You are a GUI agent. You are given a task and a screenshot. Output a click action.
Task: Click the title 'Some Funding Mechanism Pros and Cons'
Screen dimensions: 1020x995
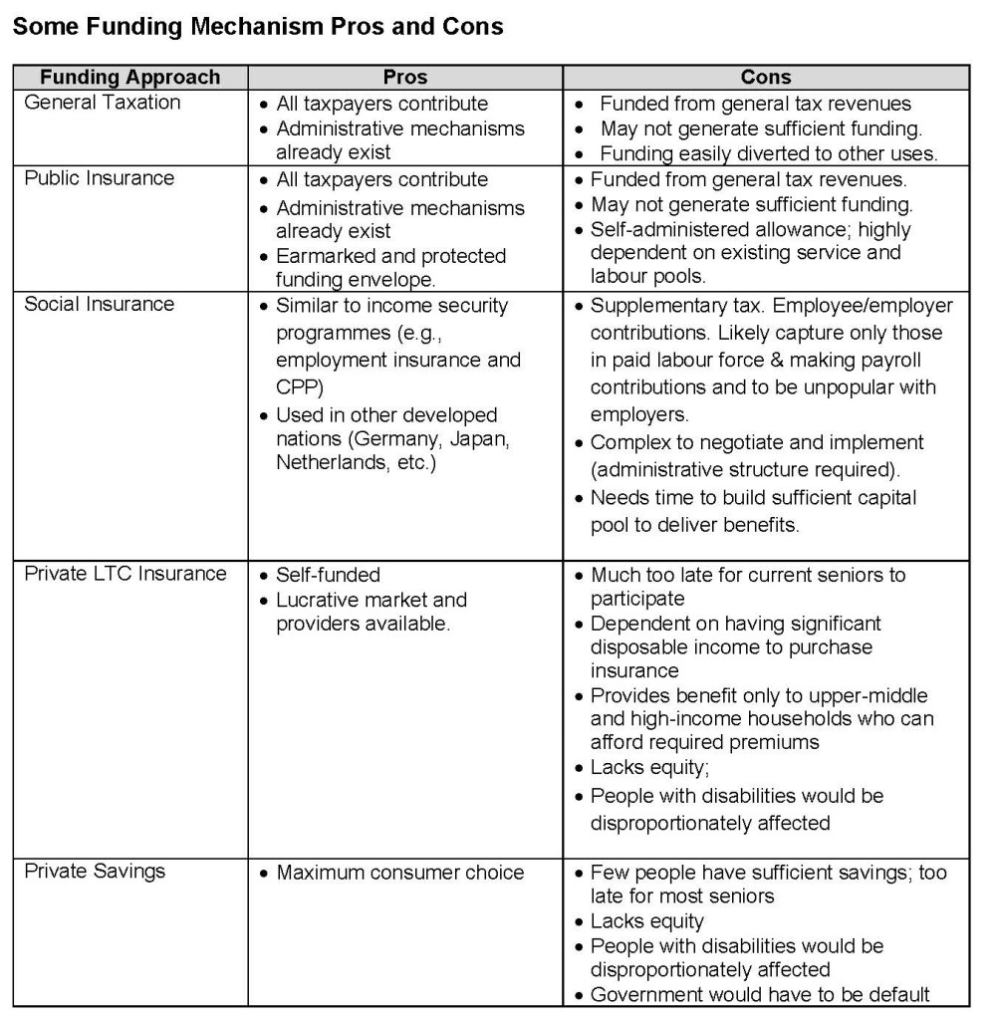(x=258, y=27)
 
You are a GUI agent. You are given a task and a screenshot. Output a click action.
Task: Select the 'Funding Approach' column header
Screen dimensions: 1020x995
(x=129, y=78)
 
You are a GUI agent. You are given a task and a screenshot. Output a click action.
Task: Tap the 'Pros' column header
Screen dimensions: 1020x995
(x=404, y=78)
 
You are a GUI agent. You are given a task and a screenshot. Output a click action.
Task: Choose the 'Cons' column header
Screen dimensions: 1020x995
(x=766, y=78)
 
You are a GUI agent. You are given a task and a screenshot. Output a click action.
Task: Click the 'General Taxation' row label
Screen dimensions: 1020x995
(x=102, y=103)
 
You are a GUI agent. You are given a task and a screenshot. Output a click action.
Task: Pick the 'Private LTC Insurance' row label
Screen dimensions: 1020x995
(x=125, y=575)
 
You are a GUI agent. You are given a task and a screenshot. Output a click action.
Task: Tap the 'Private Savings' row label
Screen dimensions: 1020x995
(x=95, y=872)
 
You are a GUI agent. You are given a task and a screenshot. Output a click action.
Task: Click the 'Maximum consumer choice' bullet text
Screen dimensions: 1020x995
(x=399, y=873)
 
